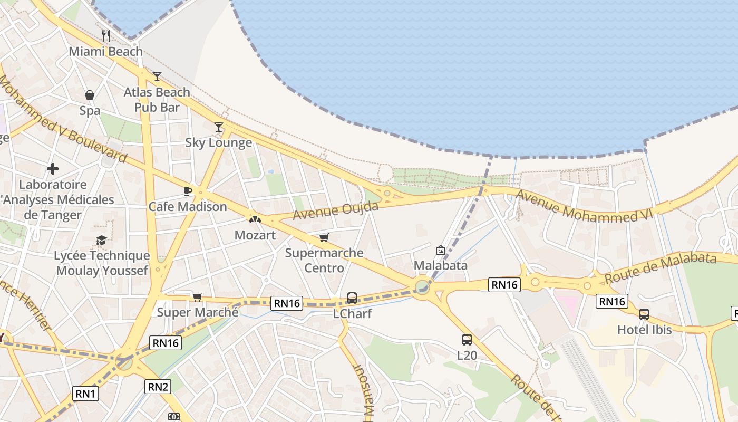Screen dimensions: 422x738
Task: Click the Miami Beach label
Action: coord(106,52)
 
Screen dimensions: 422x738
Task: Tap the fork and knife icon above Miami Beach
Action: coord(106,36)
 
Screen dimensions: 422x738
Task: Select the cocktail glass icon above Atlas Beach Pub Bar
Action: coord(157,76)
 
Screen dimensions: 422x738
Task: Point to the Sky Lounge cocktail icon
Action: coord(219,127)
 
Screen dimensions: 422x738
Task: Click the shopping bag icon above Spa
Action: coord(90,95)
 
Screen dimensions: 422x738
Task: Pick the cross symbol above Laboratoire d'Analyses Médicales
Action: coord(53,169)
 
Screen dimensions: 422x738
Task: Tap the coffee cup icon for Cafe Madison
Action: coord(187,191)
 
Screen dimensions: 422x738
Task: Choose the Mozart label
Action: coord(255,235)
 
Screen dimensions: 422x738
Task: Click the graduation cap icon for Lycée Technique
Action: coord(101,241)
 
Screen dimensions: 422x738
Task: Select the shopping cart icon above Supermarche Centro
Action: coord(324,237)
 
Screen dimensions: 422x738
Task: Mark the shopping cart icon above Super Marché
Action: coord(197,297)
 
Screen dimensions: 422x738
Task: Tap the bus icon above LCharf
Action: coord(352,298)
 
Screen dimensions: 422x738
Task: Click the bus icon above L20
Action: coord(467,340)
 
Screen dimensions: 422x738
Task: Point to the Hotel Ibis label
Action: coord(645,330)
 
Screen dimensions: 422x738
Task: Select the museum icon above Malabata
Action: coord(441,250)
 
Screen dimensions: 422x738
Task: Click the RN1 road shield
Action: coord(85,394)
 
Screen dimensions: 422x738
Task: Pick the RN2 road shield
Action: coord(158,387)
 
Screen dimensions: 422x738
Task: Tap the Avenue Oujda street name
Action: coord(336,211)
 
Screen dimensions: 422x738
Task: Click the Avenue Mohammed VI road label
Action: coord(584,206)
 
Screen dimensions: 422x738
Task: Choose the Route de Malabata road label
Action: coord(660,267)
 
